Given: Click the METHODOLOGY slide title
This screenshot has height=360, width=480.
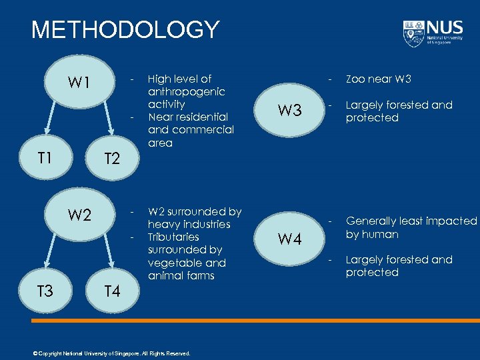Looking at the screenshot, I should coord(125,30).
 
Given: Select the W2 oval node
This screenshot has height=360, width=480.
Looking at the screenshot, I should coord(79,215).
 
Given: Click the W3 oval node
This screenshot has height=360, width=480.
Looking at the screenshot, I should coord(289,111).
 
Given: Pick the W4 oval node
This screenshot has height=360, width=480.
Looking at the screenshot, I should coord(289,239).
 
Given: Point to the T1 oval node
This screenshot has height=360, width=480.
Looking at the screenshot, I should coord(45,158).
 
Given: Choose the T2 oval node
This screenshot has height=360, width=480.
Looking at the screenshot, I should coord(111,159).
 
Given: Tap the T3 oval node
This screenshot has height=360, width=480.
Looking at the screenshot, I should coord(45,290).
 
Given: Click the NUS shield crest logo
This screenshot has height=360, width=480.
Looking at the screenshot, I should coord(413,33).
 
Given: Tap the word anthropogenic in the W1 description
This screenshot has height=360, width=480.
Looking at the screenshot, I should coord(186,92).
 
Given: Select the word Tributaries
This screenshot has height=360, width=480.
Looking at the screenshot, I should coord(173,237).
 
